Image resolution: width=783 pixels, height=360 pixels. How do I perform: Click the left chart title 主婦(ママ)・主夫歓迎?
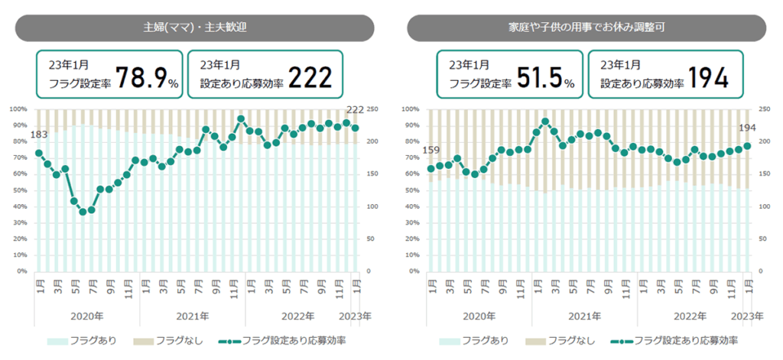point(194,28)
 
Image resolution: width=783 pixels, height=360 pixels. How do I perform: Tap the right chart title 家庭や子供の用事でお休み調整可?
point(586,28)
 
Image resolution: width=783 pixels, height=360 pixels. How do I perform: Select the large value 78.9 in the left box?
point(141,77)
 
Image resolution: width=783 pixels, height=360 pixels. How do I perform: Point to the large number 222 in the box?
point(309,77)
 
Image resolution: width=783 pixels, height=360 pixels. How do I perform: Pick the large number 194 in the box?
point(707,77)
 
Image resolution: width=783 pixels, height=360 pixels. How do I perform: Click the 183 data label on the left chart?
point(38,136)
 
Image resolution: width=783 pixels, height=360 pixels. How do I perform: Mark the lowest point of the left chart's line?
point(83,211)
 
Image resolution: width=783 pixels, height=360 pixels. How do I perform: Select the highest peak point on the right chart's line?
point(545,121)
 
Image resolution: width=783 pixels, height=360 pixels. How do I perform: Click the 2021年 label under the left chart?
point(192,316)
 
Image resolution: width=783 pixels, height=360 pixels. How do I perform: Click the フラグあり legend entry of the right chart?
point(469,340)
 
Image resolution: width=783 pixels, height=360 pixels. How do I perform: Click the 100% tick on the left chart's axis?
point(19,109)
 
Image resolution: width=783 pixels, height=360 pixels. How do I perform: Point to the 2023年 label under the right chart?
point(748,316)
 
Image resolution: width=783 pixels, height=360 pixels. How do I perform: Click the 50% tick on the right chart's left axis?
point(412,190)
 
